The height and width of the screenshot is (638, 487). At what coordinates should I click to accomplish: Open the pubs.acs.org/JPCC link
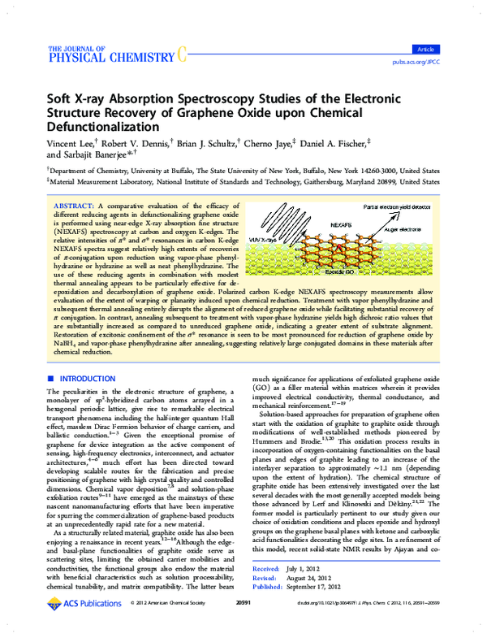(437, 61)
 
